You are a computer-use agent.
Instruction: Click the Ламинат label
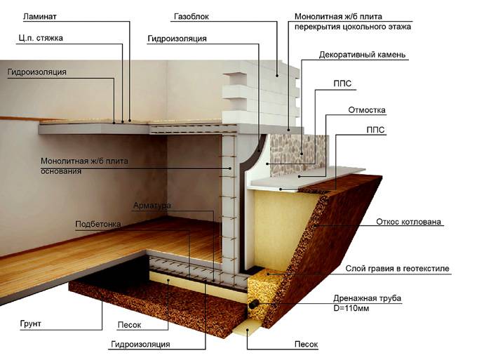tap(40, 17)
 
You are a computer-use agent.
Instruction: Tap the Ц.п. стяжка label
tap(41, 38)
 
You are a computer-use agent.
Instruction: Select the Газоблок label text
tap(191, 17)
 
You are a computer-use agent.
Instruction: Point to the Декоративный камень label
tap(363, 55)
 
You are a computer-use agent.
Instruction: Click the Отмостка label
tap(367, 110)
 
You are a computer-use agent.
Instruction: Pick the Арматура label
tap(152, 206)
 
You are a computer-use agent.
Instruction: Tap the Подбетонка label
tap(98, 225)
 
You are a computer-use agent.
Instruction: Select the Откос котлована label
tap(408, 222)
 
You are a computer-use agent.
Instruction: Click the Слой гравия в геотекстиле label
tap(398, 269)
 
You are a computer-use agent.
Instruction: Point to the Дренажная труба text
tap(367, 298)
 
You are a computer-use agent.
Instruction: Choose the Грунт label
tap(30, 324)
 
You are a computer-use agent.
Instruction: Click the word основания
tap(61, 171)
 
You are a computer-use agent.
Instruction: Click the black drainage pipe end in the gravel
tap(253, 304)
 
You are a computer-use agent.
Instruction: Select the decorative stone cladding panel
tap(300, 154)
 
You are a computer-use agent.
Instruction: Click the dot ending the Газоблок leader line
tap(277, 75)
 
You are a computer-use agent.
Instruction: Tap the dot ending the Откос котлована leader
tap(316, 225)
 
